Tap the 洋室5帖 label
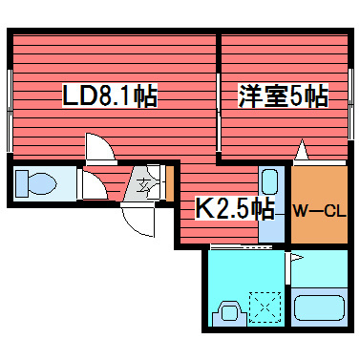[x=283, y=96]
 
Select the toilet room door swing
[x=92, y=185]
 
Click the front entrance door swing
[x=140, y=219]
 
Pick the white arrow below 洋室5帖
[x=303, y=151]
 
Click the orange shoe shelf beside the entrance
[x=168, y=182]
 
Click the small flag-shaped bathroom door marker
[x=297, y=258]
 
